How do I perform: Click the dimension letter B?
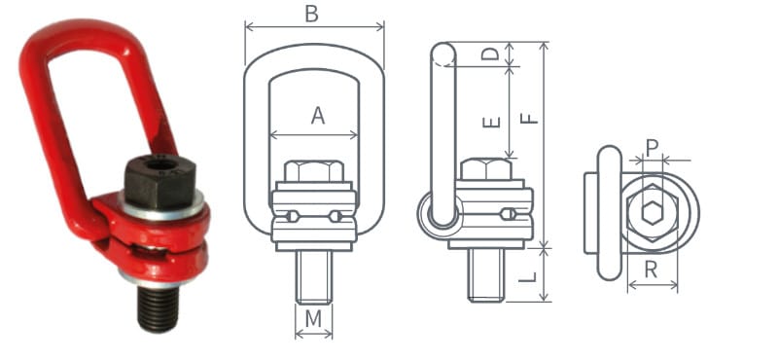tap(311, 14)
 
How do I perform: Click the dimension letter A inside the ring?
tap(317, 116)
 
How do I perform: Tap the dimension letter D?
tap(492, 54)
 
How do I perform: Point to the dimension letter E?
tap(492, 121)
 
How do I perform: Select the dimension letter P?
tap(652, 147)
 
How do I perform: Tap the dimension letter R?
tap(652, 270)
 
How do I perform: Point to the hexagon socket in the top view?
tap(649, 213)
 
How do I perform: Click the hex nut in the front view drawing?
tap(313, 171)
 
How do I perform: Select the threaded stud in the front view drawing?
tap(313, 274)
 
